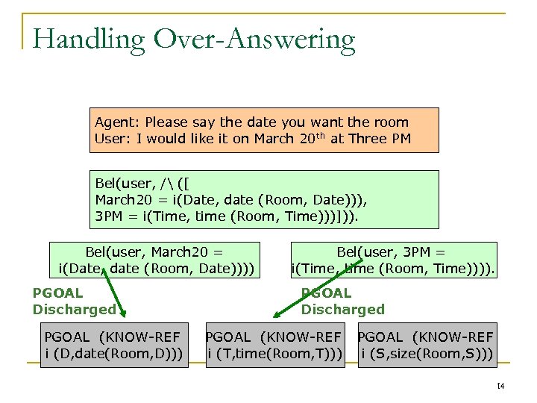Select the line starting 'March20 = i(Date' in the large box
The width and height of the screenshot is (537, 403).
231,199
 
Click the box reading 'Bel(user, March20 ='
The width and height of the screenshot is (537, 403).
154,260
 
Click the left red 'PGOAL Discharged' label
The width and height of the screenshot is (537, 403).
74,302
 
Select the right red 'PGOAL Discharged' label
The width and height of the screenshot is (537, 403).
342,302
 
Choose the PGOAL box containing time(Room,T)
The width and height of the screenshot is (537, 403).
274,346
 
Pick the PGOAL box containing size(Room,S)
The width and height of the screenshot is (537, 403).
426,346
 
